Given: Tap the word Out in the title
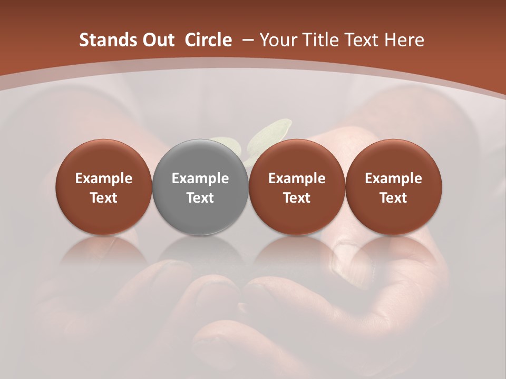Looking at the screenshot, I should (x=157, y=40).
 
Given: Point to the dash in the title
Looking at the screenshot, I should (x=247, y=40).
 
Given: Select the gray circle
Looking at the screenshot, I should (x=200, y=158).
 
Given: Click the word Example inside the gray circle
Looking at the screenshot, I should (x=200, y=178).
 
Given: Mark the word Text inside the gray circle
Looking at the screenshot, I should (x=200, y=198).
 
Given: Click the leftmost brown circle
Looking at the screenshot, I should (x=104, y=158).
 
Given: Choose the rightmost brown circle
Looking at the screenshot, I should (x=393, y=158).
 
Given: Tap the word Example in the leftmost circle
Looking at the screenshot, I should (x=104, y=178).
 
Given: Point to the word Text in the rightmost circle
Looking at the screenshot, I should (x=393, y=198).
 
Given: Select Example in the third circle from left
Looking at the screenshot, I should (x=297, y=178).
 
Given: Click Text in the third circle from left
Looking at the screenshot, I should (x=297, y=198).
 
